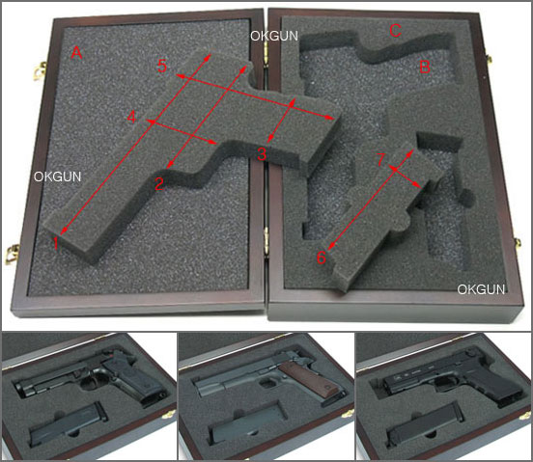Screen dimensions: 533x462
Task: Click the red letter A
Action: pos(77,53)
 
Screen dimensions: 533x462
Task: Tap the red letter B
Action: pos(425,67)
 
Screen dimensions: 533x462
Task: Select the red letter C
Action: pos(395,31)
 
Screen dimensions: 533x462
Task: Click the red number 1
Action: pos(56,244)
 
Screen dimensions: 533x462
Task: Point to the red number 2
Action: pos(159,183)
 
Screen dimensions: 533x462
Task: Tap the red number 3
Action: pos(261,154)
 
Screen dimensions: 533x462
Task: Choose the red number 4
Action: pos(131,118)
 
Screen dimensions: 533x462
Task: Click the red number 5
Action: pos(162,66)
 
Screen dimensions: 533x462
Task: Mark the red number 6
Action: pos(321,258)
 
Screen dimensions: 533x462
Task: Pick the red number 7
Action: pos(381,159)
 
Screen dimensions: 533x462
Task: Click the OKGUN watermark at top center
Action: pos(274,36)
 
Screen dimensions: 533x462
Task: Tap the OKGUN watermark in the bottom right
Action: pos(481,289)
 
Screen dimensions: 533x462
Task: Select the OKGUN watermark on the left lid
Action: pos(57,177)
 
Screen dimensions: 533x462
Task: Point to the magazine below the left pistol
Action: pos(68,424)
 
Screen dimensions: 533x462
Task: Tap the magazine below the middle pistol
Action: pos(248,425)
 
